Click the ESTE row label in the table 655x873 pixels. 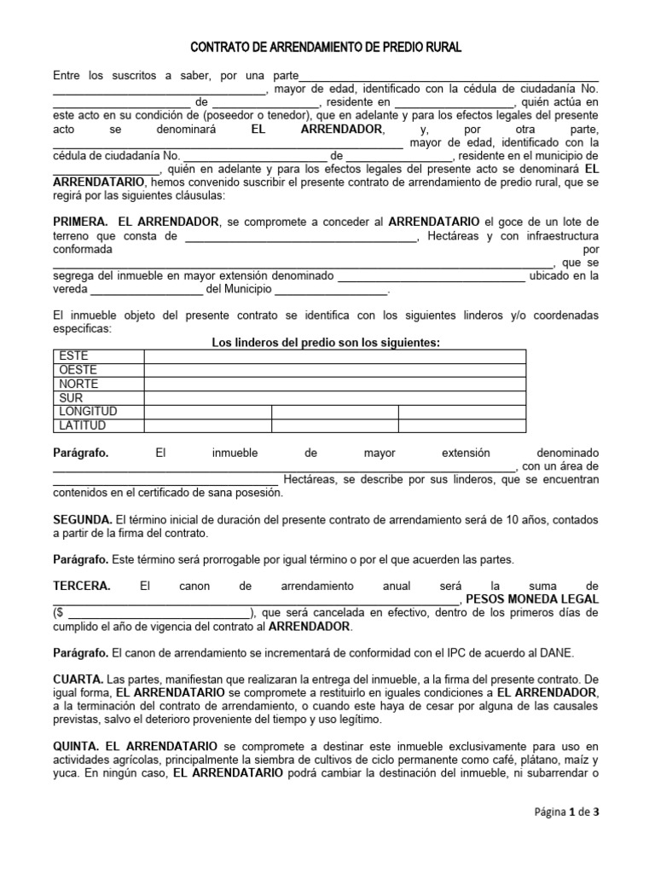point(72,356)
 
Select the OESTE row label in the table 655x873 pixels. point(78,370)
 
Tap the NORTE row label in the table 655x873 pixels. point(79,384)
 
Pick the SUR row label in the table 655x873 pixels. point(71,398)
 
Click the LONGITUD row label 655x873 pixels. point(88,412)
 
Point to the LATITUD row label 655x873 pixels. point(83,425)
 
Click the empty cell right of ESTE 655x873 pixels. point(334,356)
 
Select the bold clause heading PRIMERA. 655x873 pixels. point(80,222)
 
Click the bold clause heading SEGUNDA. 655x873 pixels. point(82,519)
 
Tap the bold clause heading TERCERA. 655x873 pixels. point(81,587)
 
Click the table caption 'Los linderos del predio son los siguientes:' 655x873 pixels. point(325,342)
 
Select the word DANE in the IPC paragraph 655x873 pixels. point(558,653)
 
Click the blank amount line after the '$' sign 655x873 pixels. point(158,614)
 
